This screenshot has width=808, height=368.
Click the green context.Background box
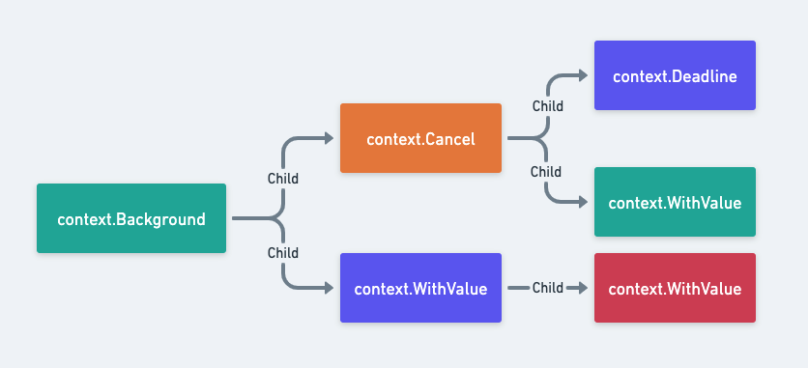tap(131, 218)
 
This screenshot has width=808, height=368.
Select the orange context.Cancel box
tap(420, 138)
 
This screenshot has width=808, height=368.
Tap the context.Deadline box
tap(675, 75)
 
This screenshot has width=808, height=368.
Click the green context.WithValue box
tap(675, 202)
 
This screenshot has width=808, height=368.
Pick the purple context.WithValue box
tap(420, 288)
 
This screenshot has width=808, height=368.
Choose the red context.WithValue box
tap(675, 288)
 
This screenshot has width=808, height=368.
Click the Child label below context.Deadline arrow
tap(547, 106)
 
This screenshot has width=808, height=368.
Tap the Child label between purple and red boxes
tap(547, 288)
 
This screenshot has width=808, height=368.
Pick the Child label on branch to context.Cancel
tap(282, 179)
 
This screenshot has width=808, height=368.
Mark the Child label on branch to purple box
tap(282, 253)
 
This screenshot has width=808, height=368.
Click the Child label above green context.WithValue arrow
tap(547, 172)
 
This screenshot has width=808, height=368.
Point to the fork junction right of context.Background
tap(281, 218)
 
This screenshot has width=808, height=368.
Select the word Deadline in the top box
tap(702, 75)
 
